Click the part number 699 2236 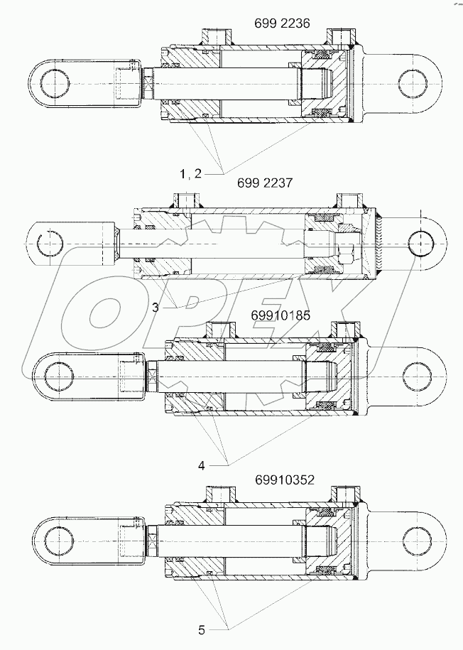point(282,23)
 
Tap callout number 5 point(202,629)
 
